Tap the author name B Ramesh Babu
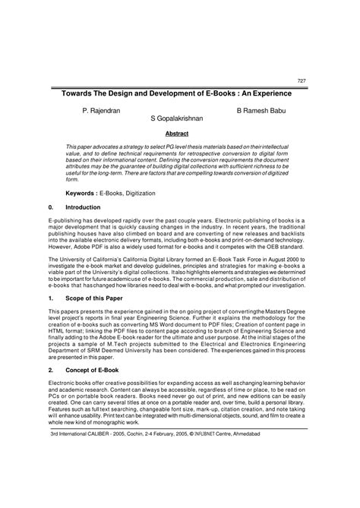[264, 110]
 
